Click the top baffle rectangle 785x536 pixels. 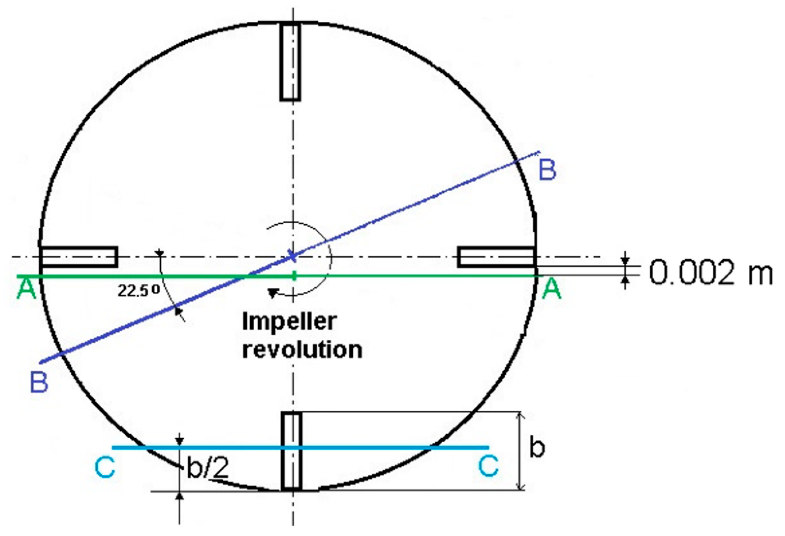(290, 62)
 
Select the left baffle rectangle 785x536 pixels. (79, 257)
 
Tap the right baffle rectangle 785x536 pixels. (496, 257)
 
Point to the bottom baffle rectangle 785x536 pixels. (292, 451)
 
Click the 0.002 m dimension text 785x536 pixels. (711, 273)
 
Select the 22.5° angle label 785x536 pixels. (139, 291)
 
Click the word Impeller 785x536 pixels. (289, 322)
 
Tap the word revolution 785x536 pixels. (302, 350)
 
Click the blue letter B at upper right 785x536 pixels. (547, 170)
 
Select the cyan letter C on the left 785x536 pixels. (105, 467)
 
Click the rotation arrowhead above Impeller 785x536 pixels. (273, 293)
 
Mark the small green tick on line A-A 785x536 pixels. (294, 275)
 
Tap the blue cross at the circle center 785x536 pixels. (292, 256)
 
